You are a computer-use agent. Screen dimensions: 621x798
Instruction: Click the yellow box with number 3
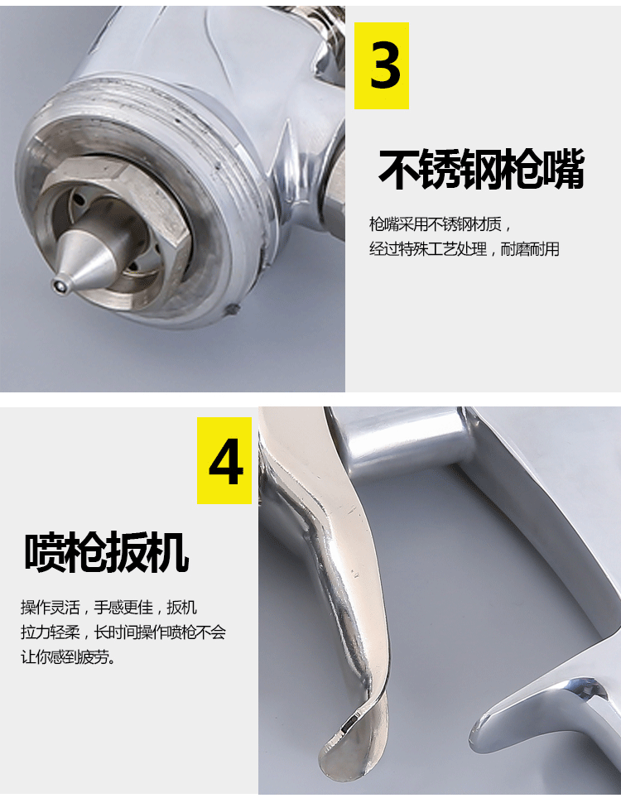[x=381, y=65]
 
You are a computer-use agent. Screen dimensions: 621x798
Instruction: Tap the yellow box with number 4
[x=224, y=460]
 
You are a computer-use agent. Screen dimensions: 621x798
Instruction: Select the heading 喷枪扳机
[x=107, y=552]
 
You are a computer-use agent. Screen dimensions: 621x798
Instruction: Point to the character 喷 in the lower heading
[x=45, y=552]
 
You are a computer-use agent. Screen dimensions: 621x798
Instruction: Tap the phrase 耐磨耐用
[x=530, y=249]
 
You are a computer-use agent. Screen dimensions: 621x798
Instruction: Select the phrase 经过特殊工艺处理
[x=429, y=249]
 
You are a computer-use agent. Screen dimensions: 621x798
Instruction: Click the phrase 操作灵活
[x=51, y=607]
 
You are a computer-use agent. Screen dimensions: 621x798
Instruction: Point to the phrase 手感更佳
[x=123, y=607]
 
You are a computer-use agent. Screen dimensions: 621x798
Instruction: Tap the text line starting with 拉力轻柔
[x=123, y=632]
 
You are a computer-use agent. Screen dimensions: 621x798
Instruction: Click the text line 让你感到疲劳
[x=68, y=657]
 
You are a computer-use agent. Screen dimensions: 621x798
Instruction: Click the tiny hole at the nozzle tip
[x=61, y=286]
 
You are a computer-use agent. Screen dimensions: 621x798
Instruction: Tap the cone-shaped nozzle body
[x=90, y=260]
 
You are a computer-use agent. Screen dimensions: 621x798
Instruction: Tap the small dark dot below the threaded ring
[x=232, y=309]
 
